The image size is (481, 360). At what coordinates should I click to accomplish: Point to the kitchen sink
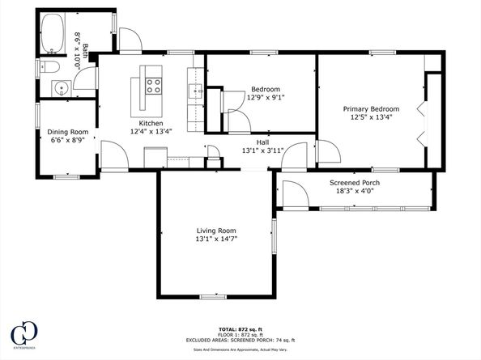198,91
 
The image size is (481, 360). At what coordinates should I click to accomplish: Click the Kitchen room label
151,122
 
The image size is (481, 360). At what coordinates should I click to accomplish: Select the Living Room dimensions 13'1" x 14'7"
221,239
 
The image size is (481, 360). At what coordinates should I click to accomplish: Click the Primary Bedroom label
371,108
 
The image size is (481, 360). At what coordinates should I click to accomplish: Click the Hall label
262,142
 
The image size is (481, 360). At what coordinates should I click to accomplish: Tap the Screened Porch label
355,183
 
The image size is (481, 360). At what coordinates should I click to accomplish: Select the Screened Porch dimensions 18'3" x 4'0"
355,192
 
